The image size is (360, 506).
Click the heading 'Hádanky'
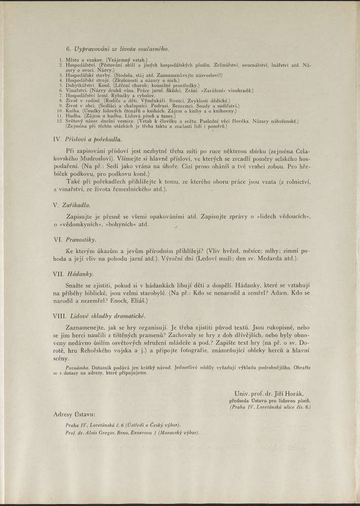click(x=78, y=273)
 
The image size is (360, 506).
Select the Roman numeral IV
click(x=56, y=138)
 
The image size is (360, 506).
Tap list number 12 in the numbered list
click(x=60, y=121)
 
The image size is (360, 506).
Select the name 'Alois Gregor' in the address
click(x=98, y=433)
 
